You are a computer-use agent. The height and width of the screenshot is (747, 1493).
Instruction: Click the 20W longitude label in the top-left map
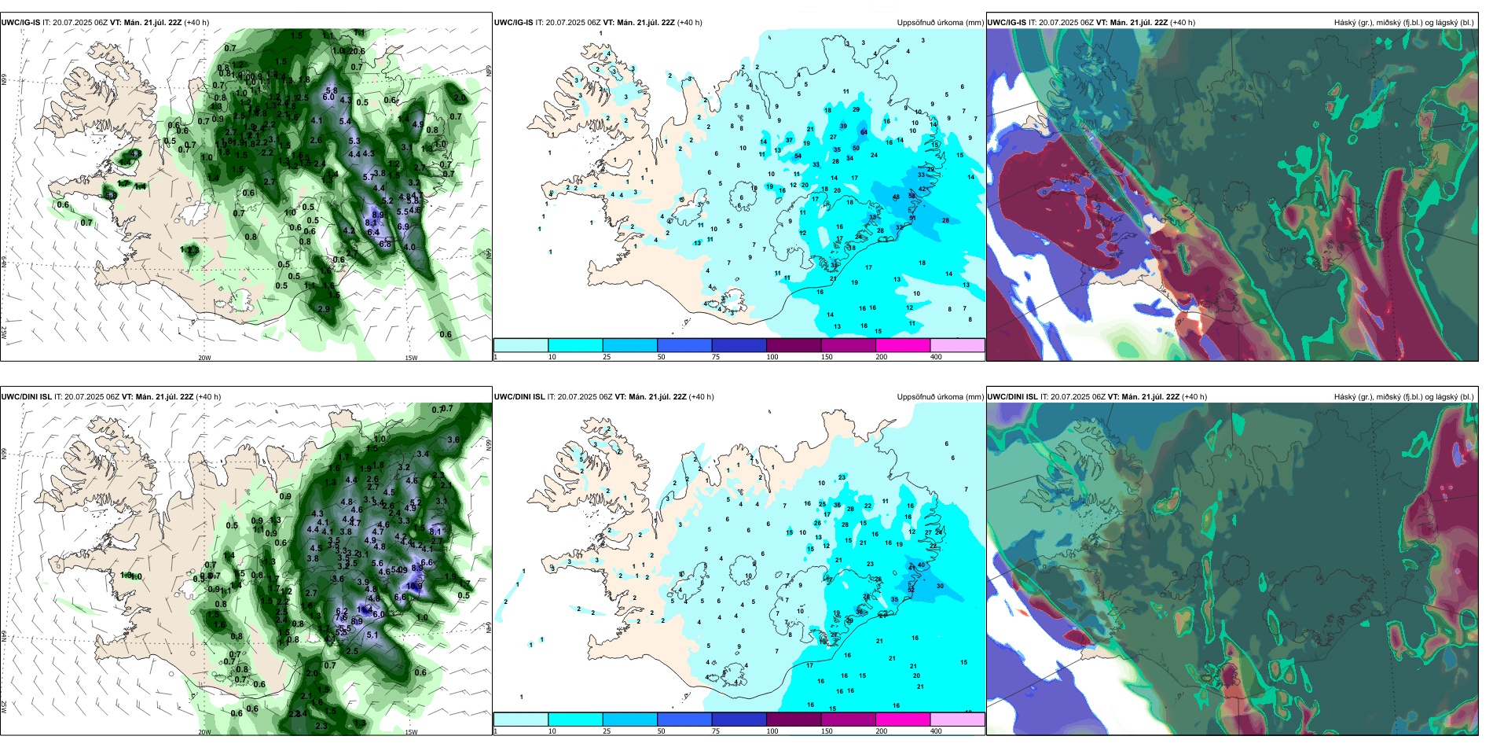coord(204,358)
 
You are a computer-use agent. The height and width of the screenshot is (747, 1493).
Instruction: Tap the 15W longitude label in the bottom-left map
coord(411,732)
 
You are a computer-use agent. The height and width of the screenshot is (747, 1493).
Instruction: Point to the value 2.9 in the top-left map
coord(324,309)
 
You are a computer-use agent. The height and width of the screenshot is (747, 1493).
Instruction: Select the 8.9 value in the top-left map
coord(378,215)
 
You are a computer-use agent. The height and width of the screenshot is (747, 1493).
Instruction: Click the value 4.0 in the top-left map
coord(409,247)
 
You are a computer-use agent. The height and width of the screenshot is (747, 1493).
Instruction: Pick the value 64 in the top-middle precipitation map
coord(864,132)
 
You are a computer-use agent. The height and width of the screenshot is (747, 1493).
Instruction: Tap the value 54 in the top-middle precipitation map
coord(798,156)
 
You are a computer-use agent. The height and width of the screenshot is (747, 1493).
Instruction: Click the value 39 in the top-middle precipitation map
coord(843,126)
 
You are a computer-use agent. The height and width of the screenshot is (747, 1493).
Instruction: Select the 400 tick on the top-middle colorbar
coord(936,357)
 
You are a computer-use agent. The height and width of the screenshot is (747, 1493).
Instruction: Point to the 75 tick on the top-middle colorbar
coord(716,357)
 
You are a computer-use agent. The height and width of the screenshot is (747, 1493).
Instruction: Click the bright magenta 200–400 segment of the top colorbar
coord(902,345)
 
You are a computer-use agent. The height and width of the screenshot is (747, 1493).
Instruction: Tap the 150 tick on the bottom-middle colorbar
coord(826,731)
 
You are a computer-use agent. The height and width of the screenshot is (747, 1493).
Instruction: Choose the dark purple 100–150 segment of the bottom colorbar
coord(793,719)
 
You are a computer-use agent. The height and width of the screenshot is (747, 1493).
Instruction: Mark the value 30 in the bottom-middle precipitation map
coord(940,586)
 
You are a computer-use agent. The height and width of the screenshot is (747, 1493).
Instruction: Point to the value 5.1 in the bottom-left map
coord(372,635)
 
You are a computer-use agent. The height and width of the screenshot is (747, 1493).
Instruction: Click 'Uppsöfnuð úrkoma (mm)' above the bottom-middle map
coord(940,397)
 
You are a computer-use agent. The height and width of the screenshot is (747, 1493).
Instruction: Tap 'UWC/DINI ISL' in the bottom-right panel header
coord(1012,397)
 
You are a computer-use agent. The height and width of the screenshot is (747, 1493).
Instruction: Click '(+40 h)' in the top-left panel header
coord(196,23)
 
